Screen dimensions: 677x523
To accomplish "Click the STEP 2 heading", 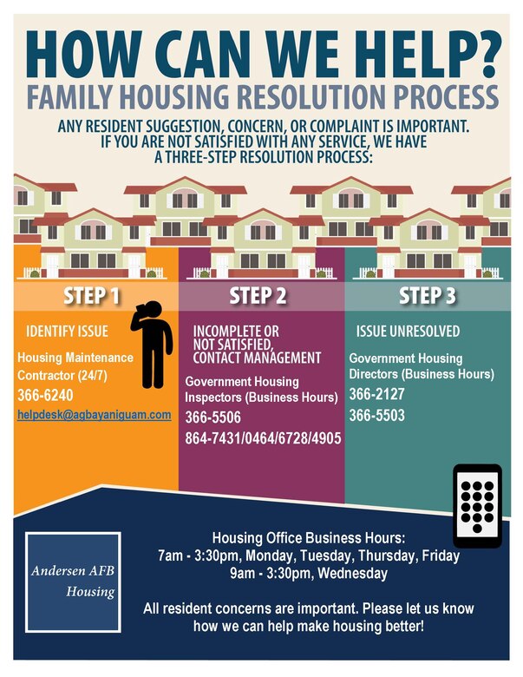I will pyautogui.click(x=258, y=297).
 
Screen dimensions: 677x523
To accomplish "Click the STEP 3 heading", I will pyautogui.click(x=428, y=297).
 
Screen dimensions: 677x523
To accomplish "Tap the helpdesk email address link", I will pyautogui.click(x=94, y=415).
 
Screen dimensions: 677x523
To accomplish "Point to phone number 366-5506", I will pyautogui.click(x=212, y=418).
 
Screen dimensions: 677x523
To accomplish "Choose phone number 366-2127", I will pyautogui.click(x=376, y=395).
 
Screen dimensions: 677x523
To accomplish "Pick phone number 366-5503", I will pyautogui.click(x=376, y=416).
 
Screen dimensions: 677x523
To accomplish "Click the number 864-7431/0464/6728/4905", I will pyautogui.click(x=263, y=438).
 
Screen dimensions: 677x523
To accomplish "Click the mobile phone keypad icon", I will pyautogui.click(x=477, y=505).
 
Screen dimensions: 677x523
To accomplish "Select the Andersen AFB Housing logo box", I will pyautogui.click(x=73, y=582).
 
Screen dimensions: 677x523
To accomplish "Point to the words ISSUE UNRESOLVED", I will pyautogui.click(x=407, y=332).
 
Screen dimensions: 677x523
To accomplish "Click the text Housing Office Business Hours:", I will pyautogui.click(x=297, y=537).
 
